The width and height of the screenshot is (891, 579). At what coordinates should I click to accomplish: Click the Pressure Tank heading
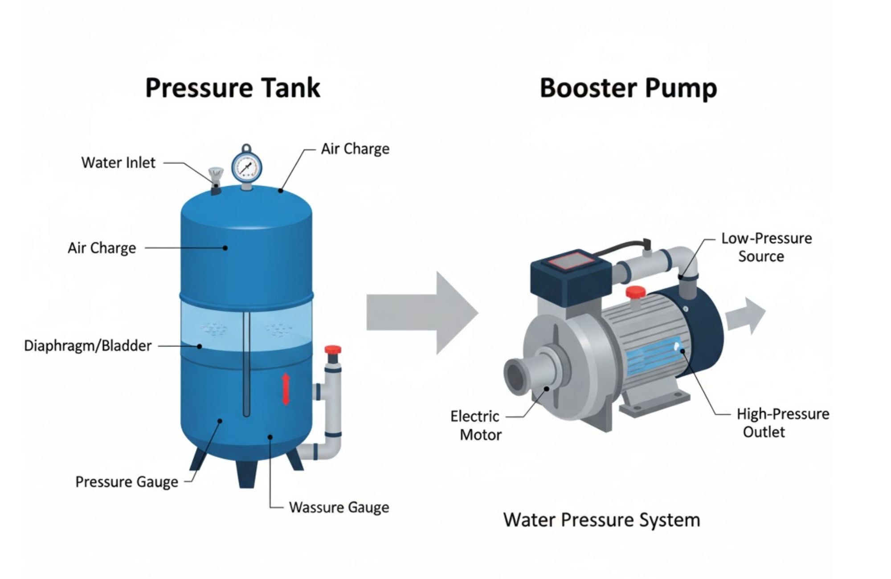(x=233, y=88)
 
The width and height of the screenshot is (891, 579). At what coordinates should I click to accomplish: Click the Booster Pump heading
(x=628, y=88)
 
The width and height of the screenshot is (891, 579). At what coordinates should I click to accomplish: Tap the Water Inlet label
(x=119, y=163)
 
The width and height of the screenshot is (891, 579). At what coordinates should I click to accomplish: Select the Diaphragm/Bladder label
(x=88, y=346)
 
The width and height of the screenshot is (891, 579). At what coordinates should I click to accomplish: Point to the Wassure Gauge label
(x=339, y=507)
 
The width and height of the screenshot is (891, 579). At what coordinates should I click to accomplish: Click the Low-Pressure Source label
(x=766, y=247)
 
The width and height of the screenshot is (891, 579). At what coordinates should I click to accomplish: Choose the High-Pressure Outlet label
(x=783, y=423)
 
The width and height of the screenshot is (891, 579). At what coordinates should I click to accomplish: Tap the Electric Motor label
(x=475, y=425)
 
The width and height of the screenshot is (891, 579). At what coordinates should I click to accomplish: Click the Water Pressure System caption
(x=601, y=520)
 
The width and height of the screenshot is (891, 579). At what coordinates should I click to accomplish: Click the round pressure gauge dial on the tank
(x=246, y=167)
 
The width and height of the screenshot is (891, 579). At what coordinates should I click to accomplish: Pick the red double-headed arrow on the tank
(x=286, y=389)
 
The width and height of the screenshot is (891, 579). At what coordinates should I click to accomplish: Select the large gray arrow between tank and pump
(x=421, y=313)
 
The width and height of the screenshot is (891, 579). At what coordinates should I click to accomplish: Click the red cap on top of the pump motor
(x=635, y=292)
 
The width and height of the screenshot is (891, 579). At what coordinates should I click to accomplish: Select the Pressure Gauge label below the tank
(x=127, y=482)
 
